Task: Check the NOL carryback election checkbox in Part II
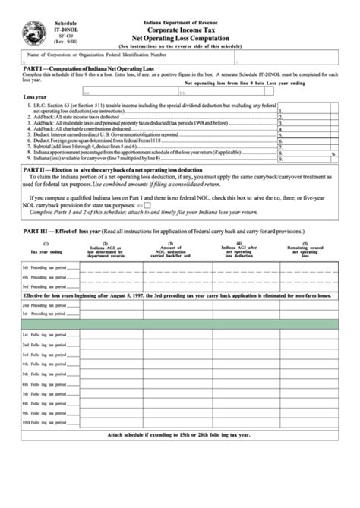147,205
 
